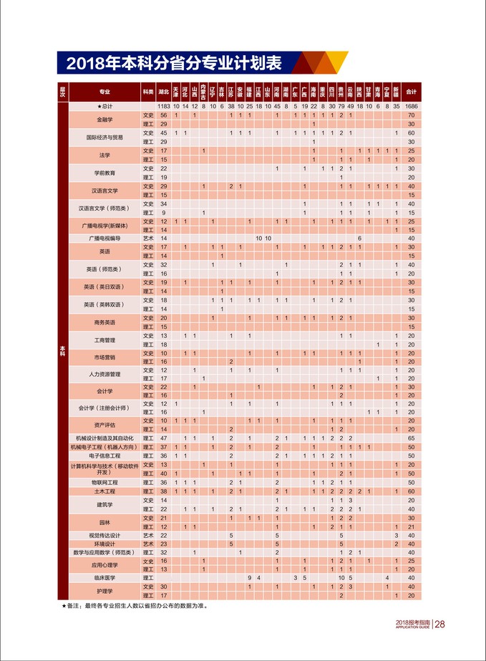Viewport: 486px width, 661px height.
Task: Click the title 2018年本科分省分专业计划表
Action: (x=173, y=63)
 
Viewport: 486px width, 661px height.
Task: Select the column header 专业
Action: (x=105, y=92)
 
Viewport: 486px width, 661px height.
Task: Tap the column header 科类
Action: (x=148, y=92)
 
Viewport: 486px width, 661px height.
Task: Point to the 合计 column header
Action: (x=411, y=92)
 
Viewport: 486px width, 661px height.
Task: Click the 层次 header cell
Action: (x=62, y=92)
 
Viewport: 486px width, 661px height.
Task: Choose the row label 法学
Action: (x=105, y=155)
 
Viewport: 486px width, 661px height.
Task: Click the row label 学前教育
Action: (x=105, y=173)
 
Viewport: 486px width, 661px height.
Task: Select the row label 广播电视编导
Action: (x=105, y=238)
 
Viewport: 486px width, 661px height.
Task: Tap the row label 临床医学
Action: (x=105, y=577)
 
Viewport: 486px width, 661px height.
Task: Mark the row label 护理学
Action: (x=105, y=591)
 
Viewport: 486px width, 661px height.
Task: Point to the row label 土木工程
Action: (x=105, y=491)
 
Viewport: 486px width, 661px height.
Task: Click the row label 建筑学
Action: (x=105, y=504)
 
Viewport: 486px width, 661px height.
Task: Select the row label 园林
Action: (x=105, y=522)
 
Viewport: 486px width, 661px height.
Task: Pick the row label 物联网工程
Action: (x=105, y=483)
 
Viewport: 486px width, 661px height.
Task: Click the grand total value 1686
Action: (x=411, y=106)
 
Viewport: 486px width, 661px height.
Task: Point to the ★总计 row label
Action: (x=105, y=106)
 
